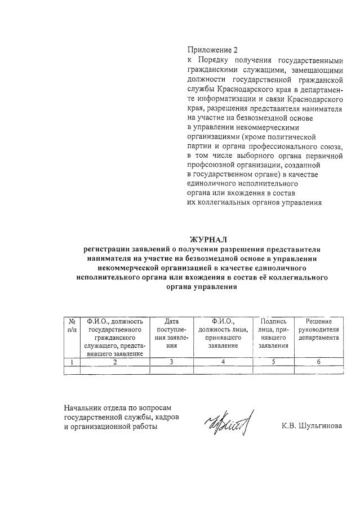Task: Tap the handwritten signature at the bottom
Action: pos(230,423)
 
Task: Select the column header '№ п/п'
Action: pos(72,325)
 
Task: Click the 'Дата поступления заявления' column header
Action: pos(171,332)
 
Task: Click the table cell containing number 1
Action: pos(72,362)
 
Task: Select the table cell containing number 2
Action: pos(114,362)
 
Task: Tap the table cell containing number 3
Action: pos(171,362)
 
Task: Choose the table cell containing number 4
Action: pos(224,362)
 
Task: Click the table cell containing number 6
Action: pos(319,362)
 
